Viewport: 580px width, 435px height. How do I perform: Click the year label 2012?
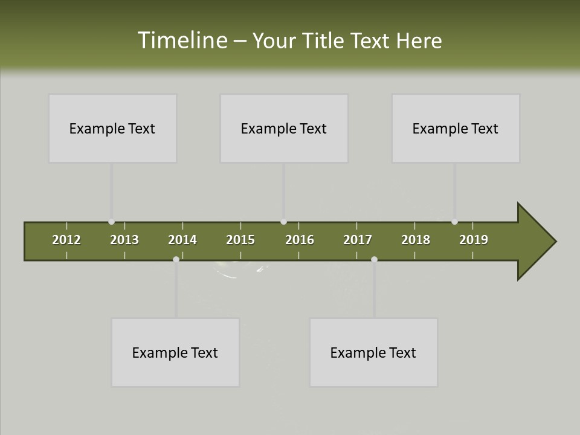pyautogui.click(x=66, y=240)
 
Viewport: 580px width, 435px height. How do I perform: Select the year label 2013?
pyautogui.click(x=124, y=240)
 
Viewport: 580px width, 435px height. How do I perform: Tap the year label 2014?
pyautogui.click(x=182, y=240)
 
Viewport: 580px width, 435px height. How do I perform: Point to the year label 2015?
pyautogui.click(x=240, y=240)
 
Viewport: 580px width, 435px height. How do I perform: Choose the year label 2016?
pyautogui.click(x=300, y=240)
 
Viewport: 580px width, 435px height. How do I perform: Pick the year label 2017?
pyautogui.click(x=358, y=240)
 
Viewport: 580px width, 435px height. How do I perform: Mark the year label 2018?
pyautogui.click(x=416, y=240)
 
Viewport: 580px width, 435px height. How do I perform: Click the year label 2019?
pyautogui.click(x=474, y=240)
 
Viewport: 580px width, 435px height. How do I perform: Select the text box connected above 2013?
pyautogui.click(x=112, y=128)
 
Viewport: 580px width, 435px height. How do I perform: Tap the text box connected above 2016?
pyautogui.click(x=284, y=128)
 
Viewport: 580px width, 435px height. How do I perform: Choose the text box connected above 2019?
pyautogui.click(x=456, y=128)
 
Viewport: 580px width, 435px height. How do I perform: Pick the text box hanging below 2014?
pyautogui.click(x=175, y=352)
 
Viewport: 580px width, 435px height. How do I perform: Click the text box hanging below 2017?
pyautogui.click(x=373, y=352)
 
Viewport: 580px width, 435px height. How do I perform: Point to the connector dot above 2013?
pyautogui.click(x=111, y=222)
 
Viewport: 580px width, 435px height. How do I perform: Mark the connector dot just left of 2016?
pyautogui.click(x=284, y=222)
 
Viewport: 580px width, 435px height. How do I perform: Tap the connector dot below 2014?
pyautogui.click(x=176, y=259)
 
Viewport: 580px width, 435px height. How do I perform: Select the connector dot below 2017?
pyautogui.click(x=374, y=259)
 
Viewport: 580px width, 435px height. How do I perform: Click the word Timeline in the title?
pyautogui.click(x=182, y=40)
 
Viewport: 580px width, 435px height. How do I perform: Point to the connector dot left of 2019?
pyautogui.click(x=454, y=222)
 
